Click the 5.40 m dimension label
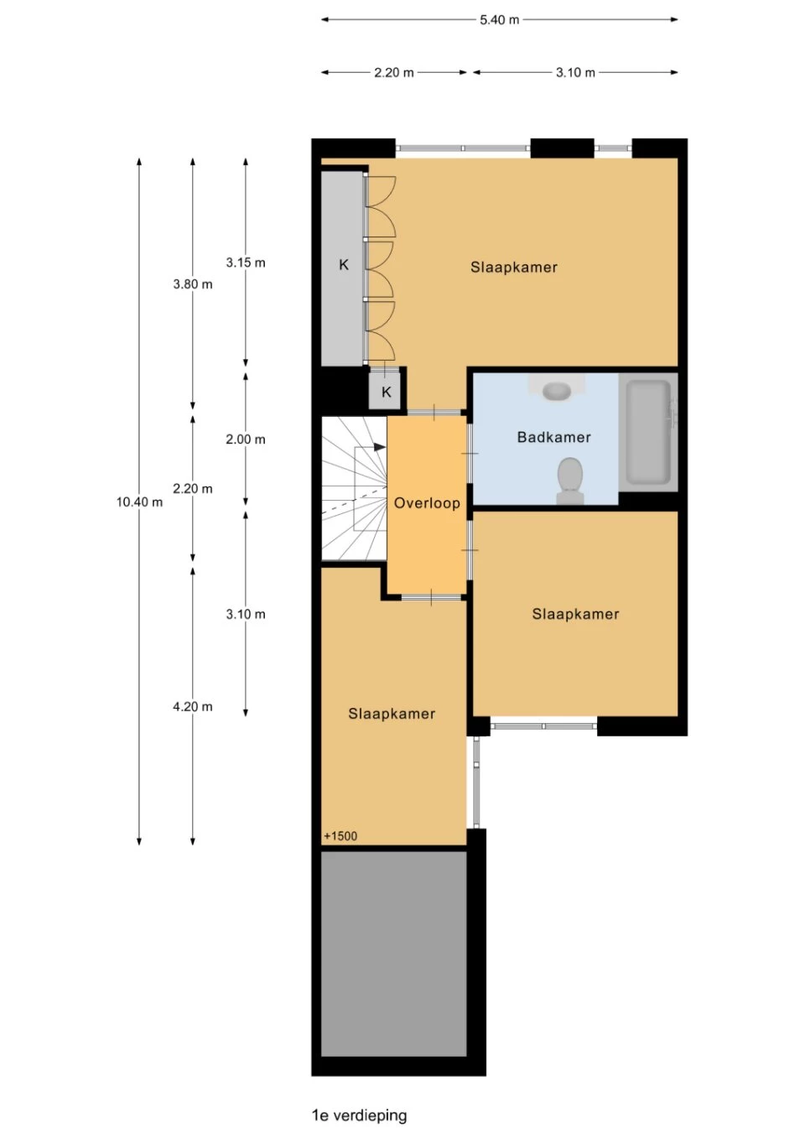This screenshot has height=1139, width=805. pyautogui.click(x=499, y=20)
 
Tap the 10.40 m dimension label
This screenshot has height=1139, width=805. pyautogui.click(x=139, y=502)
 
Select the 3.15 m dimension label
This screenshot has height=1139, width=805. pyautogui.click(x=246, y=263)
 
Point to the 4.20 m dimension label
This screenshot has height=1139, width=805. pyautogui.click(x=193, y=706)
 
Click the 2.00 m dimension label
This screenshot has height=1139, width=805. pyautogui.click(x=246, y=439)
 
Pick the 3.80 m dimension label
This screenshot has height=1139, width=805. pyautogui.click(x=193, y=284)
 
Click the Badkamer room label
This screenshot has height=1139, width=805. pyautogui.click(x=554, y=437)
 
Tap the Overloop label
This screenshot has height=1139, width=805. pyautogui.click(x=428, y=503)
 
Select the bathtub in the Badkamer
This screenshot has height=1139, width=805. pyautogui.click(x=648, y=432)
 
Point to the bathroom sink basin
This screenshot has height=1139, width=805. pyautogui.click(x=556, y=391)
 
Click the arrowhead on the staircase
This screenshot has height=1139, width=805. pyautogui.click(x=380, y=447)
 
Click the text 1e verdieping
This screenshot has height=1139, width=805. pyautogui.click(x=359, y=1116)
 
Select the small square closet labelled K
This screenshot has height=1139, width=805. pyautogui.click(x=387, y=392)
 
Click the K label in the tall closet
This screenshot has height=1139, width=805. pyautogui.click(x=344, y=265)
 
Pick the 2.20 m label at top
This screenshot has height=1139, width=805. pyautogui.click(x=394, y=73)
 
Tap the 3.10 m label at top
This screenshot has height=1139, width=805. pyautogui.click(x=575, y=73)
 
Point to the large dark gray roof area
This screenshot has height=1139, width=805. pyautogui.click(x=394, y=954)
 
